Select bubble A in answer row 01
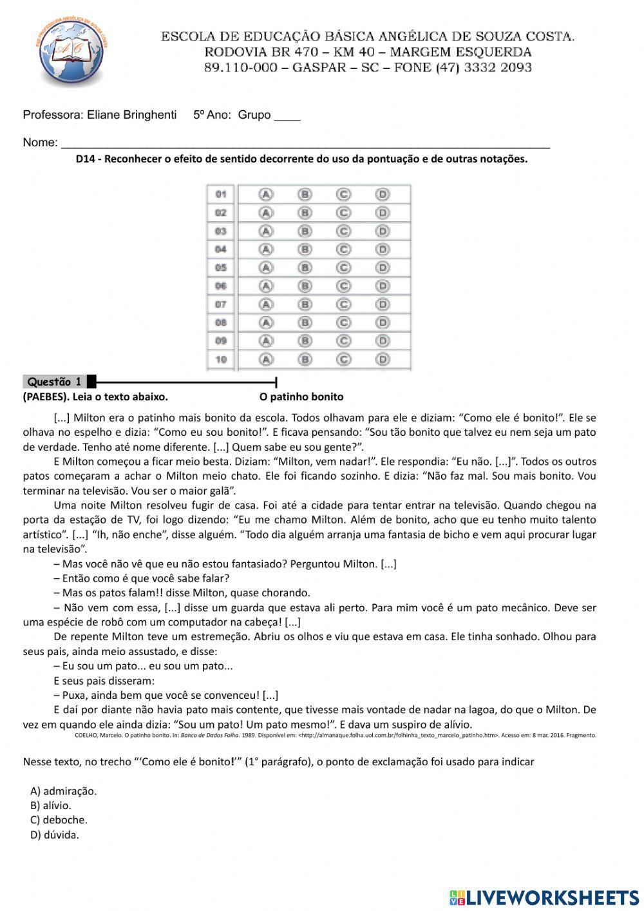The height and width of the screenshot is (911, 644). (x=265, y=194)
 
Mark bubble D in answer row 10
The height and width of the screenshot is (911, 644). (x=383, y=359)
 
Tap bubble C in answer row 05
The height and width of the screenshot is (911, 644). (x=344, y=268)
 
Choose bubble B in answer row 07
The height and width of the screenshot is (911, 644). (x=305, y=304)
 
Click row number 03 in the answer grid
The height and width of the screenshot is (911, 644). (x=221, y=231)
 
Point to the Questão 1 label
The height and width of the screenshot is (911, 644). (x=55, y=382)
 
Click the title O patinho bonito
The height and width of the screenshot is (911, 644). (x=301, y=397)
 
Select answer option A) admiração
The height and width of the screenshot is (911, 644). (x=63, y=791)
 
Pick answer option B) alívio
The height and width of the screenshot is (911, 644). (x=51, y=805)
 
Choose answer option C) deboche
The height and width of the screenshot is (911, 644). (x=59, y=820)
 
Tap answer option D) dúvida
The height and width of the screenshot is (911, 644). (x=55, y=835)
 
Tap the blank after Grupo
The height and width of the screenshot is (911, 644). (x=287, y=116)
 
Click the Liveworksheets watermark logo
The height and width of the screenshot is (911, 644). (x=544, y=897)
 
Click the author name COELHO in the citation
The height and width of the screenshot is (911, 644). (x=86, y=735)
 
